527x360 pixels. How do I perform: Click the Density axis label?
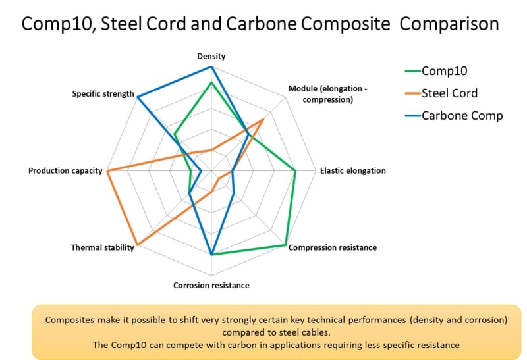211,57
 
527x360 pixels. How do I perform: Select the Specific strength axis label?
103,94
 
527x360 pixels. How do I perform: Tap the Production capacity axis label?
65,171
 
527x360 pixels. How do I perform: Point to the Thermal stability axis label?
103,248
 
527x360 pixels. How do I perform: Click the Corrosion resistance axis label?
211,286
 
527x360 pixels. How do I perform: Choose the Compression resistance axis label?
333,248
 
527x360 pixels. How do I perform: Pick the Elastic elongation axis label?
353,171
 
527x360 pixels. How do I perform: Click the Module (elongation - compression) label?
321,94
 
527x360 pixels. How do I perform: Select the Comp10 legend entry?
445,71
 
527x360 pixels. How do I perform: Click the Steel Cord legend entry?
449,93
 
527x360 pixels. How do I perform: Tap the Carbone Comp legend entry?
462,115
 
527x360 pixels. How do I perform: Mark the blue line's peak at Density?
211,67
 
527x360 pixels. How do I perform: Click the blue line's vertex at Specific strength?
137,97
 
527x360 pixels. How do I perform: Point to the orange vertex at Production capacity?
107,171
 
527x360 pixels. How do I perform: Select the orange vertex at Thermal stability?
137,245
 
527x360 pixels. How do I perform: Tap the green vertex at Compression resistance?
285,245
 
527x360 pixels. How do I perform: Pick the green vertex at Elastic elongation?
295,171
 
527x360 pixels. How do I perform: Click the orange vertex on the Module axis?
263,119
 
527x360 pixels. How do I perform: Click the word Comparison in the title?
449,24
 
